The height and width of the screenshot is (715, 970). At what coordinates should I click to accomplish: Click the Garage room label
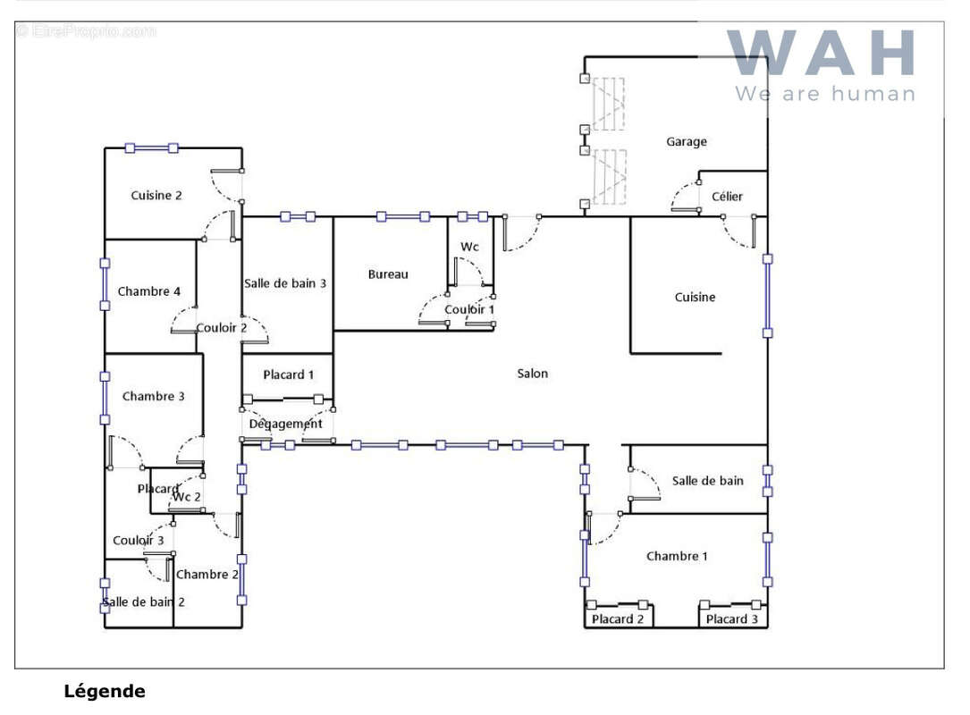(686, 141)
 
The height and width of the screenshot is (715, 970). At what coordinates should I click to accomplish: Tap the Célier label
(727, 197)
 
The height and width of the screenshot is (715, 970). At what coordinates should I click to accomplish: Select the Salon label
(532, 374)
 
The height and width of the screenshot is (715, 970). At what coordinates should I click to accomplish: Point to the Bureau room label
(388, 274)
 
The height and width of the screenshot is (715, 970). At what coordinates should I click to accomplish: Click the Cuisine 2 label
(156, 196)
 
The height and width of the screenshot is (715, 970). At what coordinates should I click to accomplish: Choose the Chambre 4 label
(149, 291)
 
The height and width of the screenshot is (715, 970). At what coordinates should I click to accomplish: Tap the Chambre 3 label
(154, 397)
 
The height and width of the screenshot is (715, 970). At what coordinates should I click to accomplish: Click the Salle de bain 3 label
(284, 283)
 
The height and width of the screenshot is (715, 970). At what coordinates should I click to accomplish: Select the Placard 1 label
(288, 374)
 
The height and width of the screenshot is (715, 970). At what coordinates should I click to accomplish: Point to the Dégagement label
(286, 425)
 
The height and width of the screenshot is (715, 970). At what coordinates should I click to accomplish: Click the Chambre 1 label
(677, 556)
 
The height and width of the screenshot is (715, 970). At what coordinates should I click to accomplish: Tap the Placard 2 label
(618, 619)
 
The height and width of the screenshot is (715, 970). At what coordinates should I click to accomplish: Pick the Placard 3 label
(732, 619)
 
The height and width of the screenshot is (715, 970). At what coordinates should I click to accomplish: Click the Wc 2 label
(187, 497)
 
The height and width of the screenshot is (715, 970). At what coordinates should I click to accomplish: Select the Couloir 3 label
(138, 541)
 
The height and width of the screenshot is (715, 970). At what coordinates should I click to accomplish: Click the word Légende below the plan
(105, 691)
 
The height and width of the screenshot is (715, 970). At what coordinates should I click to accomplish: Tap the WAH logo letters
(822, 54)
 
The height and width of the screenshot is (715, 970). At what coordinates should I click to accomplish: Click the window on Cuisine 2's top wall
(152, 147)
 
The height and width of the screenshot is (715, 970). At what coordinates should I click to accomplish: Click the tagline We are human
(825, 94)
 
